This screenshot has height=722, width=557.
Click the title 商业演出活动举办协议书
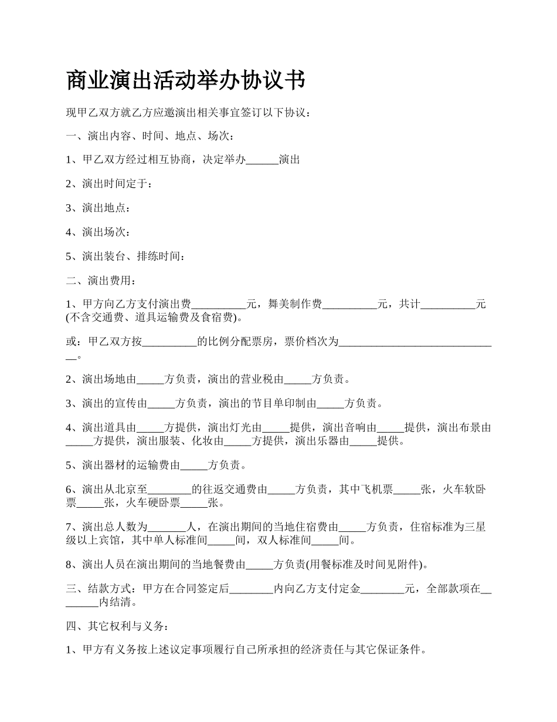pos(185,80)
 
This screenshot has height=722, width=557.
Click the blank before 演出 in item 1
pos(262,160)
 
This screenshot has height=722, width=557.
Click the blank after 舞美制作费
pos(349,305)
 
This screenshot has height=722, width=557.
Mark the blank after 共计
pos(448,305)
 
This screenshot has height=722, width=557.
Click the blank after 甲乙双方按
pos(169,342)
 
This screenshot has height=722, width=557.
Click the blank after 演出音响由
pos(390,428)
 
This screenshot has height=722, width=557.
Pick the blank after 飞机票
pos(406,490)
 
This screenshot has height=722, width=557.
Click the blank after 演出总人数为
pos(169,527)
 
